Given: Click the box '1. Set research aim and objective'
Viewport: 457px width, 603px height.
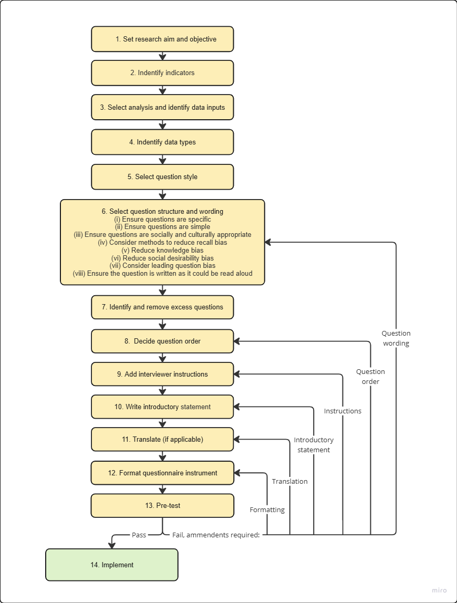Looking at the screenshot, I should (x=162, y=39).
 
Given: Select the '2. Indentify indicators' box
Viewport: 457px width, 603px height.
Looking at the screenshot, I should (x=162, y=73).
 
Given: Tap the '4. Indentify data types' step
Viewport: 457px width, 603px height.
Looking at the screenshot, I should (x=162, y=142).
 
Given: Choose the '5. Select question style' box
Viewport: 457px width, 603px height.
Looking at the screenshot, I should (x=162, y=177).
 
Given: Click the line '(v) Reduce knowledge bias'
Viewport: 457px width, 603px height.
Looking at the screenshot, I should (x=162, y=251).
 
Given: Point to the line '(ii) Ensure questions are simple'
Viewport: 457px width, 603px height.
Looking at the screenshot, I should (x=162, y=227).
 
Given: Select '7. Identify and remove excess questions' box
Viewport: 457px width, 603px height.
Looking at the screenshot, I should (x=162, y=307).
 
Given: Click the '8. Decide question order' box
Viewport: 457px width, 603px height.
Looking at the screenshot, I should (x=162, y=341).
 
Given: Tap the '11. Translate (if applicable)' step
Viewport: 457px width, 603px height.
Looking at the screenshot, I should (x=162, y=439).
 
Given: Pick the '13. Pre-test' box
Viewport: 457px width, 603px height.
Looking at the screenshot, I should (x=162, y=506).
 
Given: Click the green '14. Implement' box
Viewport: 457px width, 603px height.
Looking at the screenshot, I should (x=112, y=565).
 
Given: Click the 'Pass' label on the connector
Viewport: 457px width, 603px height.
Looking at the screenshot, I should (x=139, y=535).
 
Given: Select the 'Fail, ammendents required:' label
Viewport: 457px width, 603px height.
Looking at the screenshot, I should (x=216, y=535).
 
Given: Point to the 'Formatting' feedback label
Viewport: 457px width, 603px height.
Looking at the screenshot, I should (x=267, y=510).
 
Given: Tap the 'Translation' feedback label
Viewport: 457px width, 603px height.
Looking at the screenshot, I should (x=289, y=482).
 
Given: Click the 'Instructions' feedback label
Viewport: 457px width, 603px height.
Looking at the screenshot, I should (x=342, y=411).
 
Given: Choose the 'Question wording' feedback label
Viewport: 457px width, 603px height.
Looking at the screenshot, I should (x=396, y=338).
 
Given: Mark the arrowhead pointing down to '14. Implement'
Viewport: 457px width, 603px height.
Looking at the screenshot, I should (x=112, y=545).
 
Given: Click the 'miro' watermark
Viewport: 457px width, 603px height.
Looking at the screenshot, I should (x=439, y=590).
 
